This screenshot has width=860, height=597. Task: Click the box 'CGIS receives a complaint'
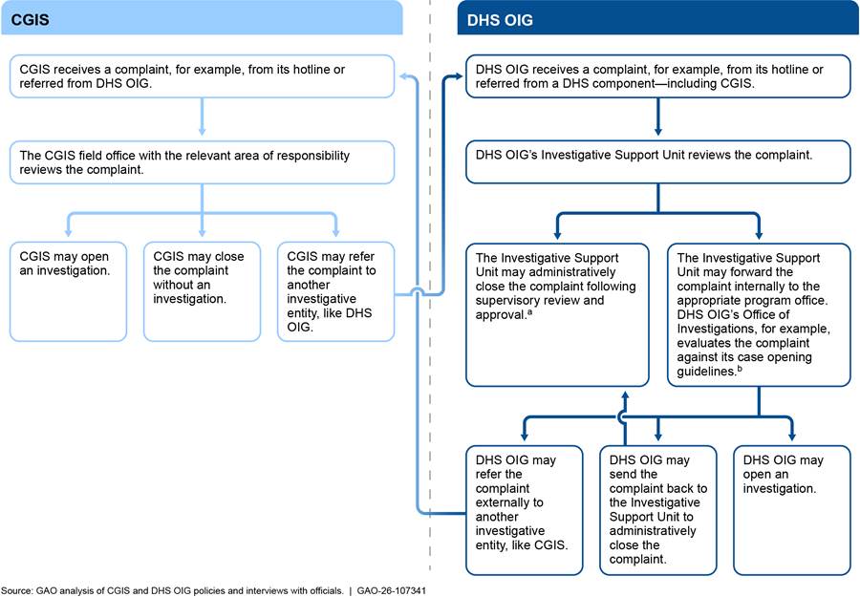tap(202, 77)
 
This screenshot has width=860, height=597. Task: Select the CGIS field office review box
tap(202, 162)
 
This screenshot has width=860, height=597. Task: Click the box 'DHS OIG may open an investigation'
tap(790, 508)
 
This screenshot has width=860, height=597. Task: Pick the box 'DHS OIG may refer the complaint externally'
tap(523, 508)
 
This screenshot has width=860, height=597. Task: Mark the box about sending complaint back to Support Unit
tap(656, 508)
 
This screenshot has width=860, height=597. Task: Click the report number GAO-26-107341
tap(392, 590)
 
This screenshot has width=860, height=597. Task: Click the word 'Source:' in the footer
tap(17, 590)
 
